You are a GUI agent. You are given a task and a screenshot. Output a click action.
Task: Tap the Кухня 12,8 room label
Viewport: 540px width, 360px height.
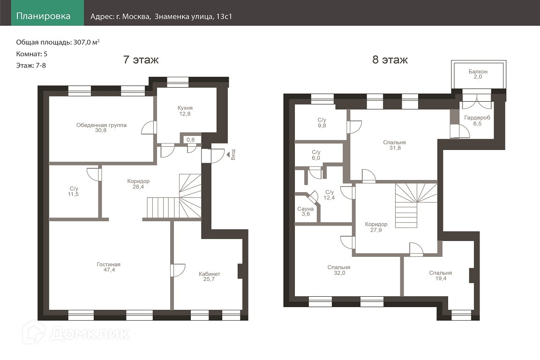point(185,111)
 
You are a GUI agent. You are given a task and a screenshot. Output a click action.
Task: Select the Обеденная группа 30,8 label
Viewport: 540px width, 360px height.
point(101,128)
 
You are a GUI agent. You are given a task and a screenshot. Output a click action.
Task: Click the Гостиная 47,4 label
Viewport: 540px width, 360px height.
point(108,267)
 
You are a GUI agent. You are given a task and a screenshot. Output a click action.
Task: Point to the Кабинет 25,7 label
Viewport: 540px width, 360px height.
point(209,277)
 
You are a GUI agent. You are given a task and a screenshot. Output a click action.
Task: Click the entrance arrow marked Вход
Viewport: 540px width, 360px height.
point(228,155)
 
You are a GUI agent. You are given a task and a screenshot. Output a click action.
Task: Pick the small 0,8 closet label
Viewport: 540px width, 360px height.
point(190,140)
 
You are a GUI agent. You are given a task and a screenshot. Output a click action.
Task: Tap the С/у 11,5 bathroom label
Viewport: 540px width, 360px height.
point(73,192)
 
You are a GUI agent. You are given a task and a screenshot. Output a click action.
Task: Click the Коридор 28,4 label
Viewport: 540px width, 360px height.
point(138,184)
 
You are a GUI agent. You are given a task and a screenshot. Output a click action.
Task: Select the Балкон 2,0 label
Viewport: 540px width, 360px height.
point(478,74)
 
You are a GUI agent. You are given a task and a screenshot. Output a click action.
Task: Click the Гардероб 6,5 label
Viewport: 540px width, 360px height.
point(477,120)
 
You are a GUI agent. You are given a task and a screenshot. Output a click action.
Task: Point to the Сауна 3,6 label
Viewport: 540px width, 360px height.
point(306,211)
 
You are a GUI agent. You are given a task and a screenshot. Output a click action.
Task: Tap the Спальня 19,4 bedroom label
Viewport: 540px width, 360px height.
point(441,276)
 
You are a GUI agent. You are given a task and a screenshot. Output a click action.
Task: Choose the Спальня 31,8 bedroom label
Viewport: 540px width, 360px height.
point(395,145)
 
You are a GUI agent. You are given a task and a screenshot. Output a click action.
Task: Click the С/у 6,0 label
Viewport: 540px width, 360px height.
point(316,155)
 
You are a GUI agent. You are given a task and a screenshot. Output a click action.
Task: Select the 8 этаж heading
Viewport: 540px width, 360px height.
point(390,60)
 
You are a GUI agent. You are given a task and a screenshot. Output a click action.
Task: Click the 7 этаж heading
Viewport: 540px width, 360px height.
point(141,60)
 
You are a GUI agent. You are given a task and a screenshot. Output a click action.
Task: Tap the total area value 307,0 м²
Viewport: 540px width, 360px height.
point(86,42)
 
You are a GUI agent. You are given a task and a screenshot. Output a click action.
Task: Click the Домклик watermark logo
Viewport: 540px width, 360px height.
point(76,333)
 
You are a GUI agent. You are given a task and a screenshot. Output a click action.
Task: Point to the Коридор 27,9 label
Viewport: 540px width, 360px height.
point(376,227)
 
